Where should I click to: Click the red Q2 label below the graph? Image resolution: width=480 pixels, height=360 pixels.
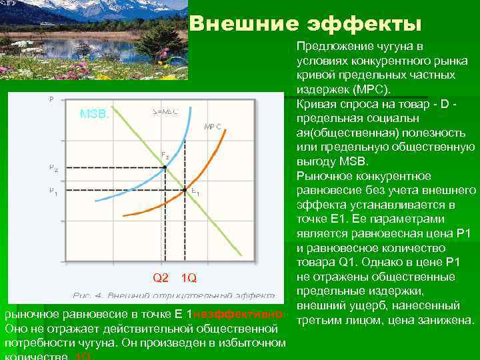[x=161, y=277]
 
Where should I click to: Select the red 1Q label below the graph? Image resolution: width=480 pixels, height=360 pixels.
[x=189, y=277]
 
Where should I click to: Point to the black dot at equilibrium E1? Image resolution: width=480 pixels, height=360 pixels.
[x=185, y=189]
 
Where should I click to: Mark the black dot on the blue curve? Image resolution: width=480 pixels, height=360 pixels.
[x=165, y=167]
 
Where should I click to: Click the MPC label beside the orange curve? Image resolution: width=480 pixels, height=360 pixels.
[x=213, y=126]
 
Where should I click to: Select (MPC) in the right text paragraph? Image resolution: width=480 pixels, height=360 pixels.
[x=373, y=89]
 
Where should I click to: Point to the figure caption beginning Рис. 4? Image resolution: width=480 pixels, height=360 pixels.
[x=173, y=295]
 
